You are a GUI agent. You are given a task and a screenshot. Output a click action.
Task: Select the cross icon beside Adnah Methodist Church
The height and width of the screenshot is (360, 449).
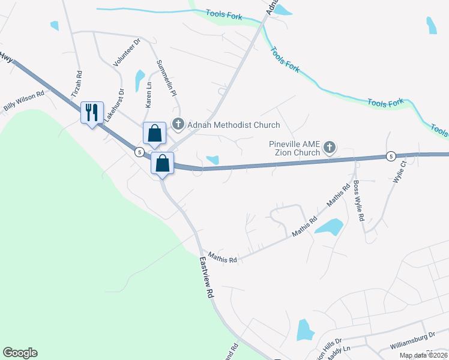click(178, 125)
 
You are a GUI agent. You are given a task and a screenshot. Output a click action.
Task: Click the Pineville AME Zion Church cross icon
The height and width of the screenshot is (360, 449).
click(329, 146)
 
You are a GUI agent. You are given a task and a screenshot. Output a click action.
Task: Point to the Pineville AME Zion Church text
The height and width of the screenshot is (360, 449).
click(294, 148)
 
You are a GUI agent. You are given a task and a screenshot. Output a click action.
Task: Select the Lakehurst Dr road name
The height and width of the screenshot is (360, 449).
click(114, 106)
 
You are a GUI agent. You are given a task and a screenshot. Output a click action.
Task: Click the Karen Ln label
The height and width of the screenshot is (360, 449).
click(148, 95)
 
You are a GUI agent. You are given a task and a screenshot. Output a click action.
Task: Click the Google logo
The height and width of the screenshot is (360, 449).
click(20, 353)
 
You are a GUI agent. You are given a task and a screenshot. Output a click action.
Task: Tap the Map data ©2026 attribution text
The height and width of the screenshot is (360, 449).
click(423, 355)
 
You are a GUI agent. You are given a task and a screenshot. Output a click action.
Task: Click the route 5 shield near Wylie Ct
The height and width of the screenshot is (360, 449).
click(390, 155)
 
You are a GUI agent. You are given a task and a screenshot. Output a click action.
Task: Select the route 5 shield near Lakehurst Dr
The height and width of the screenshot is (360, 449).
click(139, 152)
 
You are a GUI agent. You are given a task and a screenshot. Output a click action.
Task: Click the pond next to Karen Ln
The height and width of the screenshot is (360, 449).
click(139, 79)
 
